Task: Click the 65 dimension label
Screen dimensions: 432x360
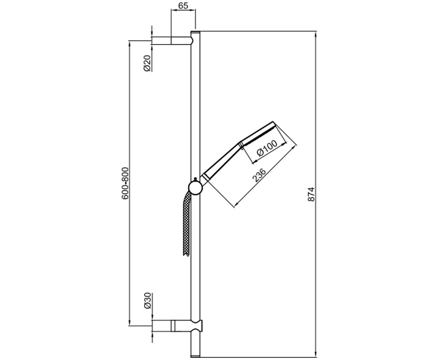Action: pyautogui.click(x=183, y=6)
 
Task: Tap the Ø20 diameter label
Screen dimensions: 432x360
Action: pyautogui.click(x=147, y=63)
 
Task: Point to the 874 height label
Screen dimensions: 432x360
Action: pyautogui.click(x=311, y=194)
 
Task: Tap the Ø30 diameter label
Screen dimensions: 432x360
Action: pyautogui.click(x=147, y=301)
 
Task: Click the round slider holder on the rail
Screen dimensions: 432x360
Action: pyautogui.click(x=195, y=188)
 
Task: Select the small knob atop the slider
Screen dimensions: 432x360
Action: pyautogui.click(x=195, y=179)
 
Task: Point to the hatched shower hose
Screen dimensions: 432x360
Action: pyautogui.click(x=187, y=225)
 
